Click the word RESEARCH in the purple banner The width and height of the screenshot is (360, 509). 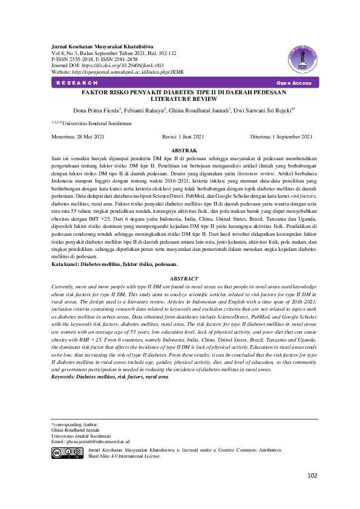click(x=77, y=83)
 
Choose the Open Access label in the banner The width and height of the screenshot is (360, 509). click(x=293, y=83)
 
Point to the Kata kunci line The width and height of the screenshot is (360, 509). click(x=114, y=265)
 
